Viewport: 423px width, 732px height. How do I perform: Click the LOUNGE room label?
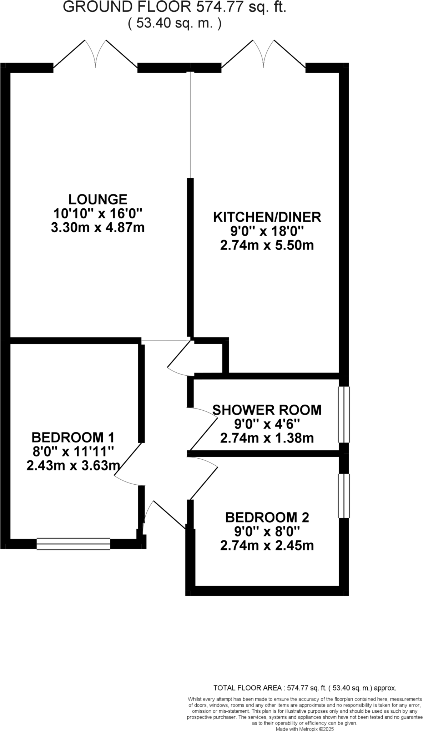coord(98,199)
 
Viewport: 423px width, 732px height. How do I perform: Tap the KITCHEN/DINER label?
coord(267,217)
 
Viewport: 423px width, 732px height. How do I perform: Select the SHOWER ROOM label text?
coord(267,410)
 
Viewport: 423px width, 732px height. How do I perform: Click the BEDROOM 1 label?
coord(73,437)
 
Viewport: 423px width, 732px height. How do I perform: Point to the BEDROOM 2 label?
coord(267,517)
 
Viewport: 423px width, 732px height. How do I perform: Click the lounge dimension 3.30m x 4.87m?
coord(98,228)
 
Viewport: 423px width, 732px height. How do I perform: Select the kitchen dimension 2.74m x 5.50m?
coord(267,246)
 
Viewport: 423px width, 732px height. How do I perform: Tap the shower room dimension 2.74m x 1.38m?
coord(267,438)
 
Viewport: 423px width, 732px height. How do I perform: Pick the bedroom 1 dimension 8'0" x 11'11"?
coord(73,451)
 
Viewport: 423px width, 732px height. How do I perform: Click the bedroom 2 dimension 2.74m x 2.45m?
coord(267,546)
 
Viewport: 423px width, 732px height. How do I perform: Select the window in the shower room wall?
coord(344,415)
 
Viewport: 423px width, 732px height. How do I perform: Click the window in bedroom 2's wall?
coord(344,496)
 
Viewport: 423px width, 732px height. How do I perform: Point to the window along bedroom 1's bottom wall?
coord(73,544)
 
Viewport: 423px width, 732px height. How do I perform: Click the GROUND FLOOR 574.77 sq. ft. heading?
coord(175,7)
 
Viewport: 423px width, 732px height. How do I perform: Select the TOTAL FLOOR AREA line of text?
coord(304,688)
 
